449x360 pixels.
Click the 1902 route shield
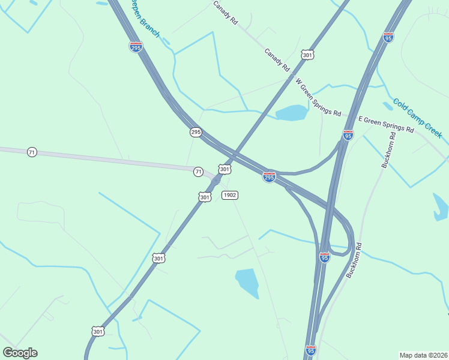pos(230,195)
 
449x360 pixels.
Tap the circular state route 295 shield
pos(196,132)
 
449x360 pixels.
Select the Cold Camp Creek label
pos(418,118)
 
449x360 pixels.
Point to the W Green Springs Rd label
pos(318,97)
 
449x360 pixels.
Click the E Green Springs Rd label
pos(386,125)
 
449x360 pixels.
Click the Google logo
pos(20,353)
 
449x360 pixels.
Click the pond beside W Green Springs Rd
pos(292,112)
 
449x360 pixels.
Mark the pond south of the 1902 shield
pos(247,281)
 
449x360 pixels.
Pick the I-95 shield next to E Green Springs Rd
pos(348,135)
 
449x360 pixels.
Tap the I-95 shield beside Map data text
pos(310,350)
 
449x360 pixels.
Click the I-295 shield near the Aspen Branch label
pos(136,47)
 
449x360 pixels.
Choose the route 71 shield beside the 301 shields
pos(198,172)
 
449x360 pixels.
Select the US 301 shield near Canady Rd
pos(307,55)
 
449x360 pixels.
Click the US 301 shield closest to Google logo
pos(98,331)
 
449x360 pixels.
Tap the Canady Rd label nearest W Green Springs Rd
pos(277,60)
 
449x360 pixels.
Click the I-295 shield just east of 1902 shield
pos(269,177)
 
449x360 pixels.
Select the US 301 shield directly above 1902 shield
pos(224,170)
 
